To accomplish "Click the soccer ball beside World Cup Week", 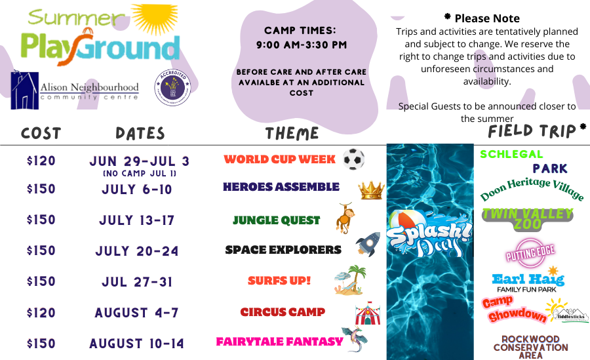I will tap(353, 159).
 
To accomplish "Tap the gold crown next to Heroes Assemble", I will tap(370, 190).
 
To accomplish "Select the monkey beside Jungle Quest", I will tap(344, 218).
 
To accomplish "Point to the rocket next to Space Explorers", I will tap(367, 245).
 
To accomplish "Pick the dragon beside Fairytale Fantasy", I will tap(355, 339).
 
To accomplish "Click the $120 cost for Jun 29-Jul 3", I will tap(41, 161).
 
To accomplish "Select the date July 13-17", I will tap(139, 220).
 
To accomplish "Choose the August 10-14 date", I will tap(137, 344).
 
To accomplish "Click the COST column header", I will tap(41, 133).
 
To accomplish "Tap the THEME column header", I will tap(292, 133).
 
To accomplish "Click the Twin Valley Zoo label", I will tap(528, 219).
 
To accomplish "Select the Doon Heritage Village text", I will tap(532, 189).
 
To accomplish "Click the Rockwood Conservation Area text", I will tap(530, 347).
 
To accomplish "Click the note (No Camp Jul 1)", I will tap(139, 174).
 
